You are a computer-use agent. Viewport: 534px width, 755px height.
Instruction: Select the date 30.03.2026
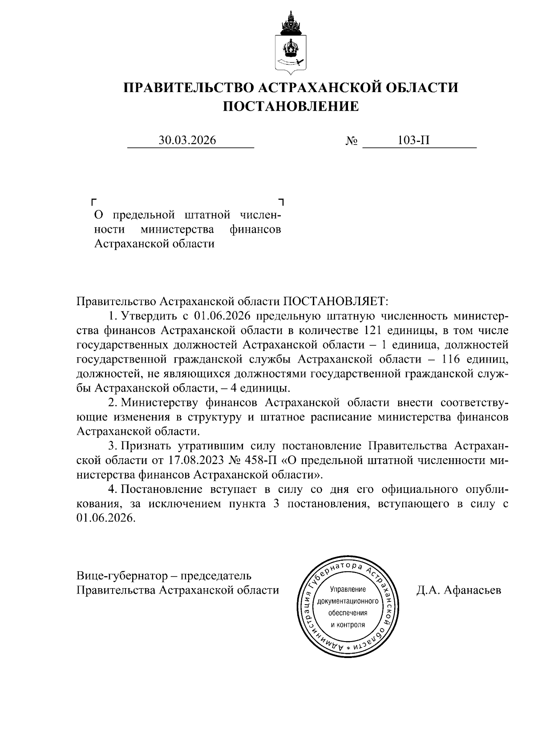[x=187, y=141]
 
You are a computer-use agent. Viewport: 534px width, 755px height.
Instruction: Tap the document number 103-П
[x=413, y=141]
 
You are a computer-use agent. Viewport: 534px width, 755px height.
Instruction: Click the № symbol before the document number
[x=352, y=141]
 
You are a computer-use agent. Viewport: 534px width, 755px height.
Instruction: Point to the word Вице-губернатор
[x=121, y=576]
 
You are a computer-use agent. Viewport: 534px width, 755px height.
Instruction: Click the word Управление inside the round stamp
[x=348, y=590]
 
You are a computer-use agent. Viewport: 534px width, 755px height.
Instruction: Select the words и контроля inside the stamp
[x=348, y=625]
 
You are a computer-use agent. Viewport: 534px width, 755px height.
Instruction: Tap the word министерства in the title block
[x=177, y=230]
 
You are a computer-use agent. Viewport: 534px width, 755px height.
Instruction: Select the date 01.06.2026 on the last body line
[x=105, y=519]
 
